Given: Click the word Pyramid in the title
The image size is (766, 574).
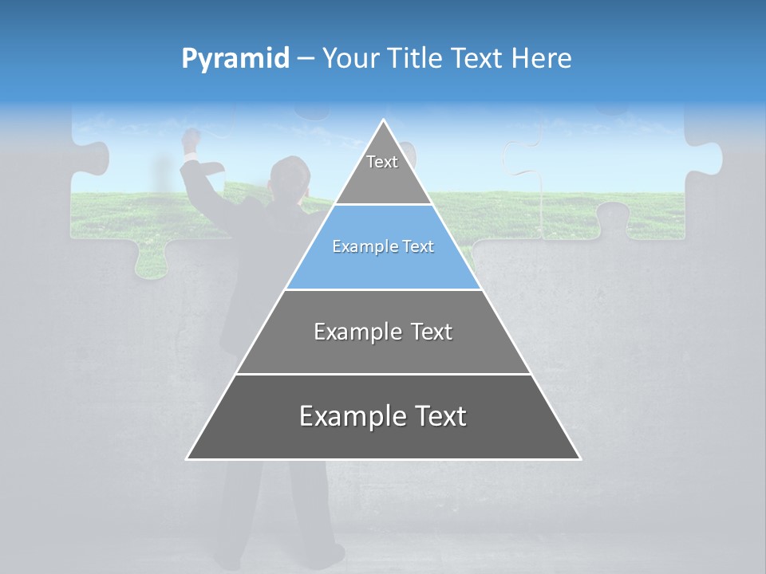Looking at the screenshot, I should point(235,59).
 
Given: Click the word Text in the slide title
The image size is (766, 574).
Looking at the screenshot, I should point(480,59).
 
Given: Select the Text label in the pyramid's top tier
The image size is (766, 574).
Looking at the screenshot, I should point(382,162).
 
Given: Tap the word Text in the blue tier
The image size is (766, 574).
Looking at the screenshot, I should point(416,247).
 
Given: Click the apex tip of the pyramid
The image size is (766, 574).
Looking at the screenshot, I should point(384,121).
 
